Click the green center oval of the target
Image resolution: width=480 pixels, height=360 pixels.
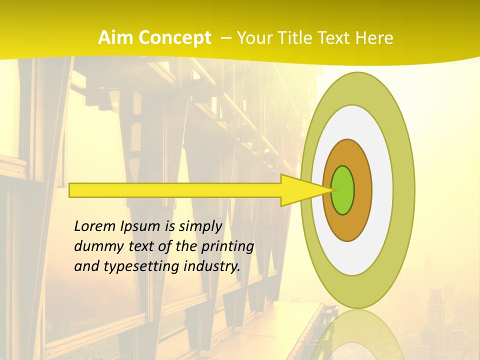[343, 190]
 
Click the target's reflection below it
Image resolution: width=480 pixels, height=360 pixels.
[357, 337]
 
